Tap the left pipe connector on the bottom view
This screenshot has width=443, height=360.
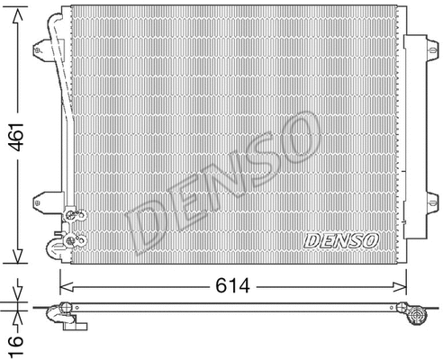65,315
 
